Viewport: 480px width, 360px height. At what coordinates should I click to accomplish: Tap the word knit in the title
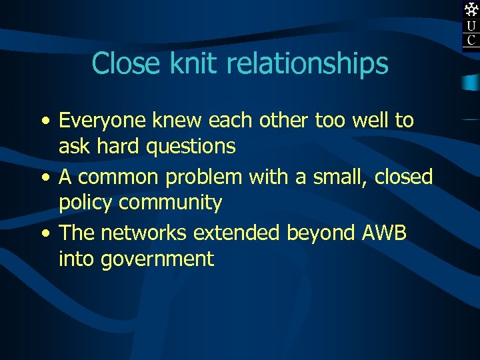(x=185, y=63)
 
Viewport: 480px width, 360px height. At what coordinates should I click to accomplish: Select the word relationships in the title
(x=307, y=65)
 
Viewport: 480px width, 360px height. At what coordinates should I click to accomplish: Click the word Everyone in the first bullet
(x=103, y=121)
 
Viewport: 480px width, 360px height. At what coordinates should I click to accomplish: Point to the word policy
(x=85, y=203)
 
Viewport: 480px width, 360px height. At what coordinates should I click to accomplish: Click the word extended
(x=237, y=233)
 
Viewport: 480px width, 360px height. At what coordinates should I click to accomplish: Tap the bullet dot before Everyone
(x=44, y=121)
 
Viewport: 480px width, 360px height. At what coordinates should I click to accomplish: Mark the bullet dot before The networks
(x=44, y=233)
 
